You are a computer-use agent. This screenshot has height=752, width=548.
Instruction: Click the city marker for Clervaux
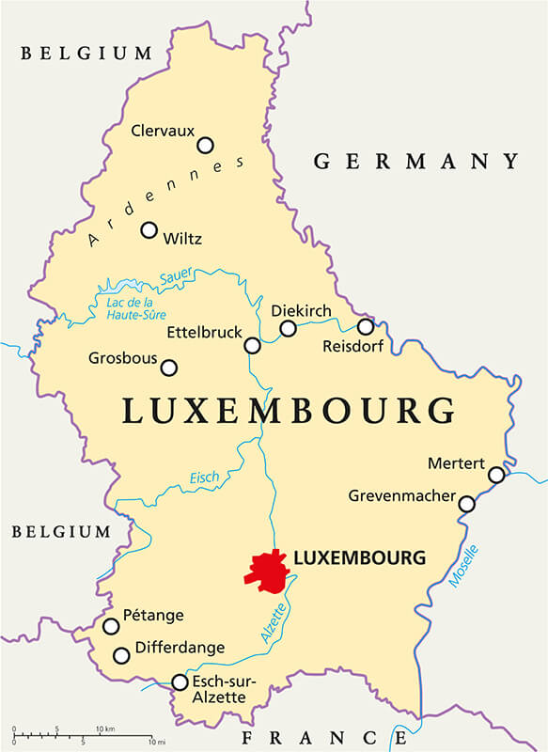205,145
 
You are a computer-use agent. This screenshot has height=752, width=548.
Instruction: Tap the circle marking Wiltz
149,229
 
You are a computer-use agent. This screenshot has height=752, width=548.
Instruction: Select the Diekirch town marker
288,328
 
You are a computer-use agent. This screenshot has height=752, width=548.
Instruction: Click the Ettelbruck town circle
252,345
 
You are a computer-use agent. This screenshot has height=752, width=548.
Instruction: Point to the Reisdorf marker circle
366,326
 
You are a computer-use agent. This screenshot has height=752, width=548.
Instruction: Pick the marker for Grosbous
169,368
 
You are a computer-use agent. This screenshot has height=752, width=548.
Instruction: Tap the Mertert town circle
496,475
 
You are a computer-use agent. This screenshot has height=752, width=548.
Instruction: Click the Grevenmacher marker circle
466,505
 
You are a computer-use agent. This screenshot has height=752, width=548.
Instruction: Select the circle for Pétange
111,626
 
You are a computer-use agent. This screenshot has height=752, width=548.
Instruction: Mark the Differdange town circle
120,655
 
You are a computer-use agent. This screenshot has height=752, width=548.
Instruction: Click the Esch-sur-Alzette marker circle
180,681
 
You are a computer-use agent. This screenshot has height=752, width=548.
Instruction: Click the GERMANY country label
415,162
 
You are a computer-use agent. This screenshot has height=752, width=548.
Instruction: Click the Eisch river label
204,478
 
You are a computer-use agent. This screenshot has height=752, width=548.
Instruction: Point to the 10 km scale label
105,728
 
